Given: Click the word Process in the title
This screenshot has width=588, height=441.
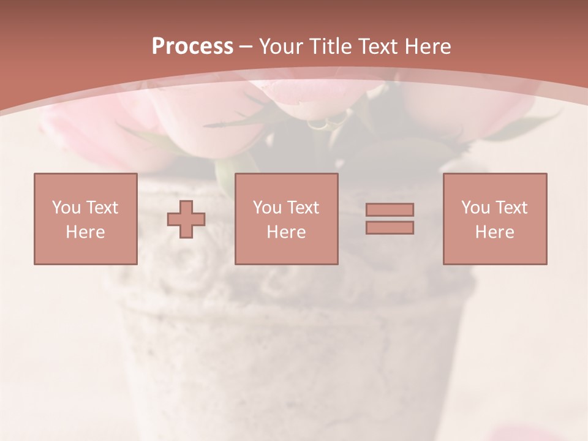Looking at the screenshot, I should pos(192,47).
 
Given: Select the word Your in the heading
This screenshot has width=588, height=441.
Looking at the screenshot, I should pos(282,47).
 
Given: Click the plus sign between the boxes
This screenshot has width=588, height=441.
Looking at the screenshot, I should pos(186,219).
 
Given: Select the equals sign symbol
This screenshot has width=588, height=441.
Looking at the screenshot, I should pos(390,219).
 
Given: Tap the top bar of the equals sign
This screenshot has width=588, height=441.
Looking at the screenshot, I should pos(390,210).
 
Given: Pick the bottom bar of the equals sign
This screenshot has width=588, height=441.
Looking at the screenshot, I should pos(390,227).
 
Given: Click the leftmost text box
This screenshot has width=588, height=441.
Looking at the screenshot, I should pos(85,219).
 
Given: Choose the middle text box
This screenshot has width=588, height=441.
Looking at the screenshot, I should pos(286,219).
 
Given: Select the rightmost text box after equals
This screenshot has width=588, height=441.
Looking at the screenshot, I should pos(494,219).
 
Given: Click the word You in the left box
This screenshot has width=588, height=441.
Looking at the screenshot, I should pos(66,208).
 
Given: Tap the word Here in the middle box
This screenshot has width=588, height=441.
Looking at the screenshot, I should pos(286,232).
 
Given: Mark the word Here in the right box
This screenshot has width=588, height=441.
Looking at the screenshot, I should pos(494,232).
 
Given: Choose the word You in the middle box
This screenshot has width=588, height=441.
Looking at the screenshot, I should pos(267,208).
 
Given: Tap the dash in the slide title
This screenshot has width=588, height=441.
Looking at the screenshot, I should pos(246,47).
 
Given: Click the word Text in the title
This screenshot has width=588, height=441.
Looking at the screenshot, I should pos(377,47).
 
